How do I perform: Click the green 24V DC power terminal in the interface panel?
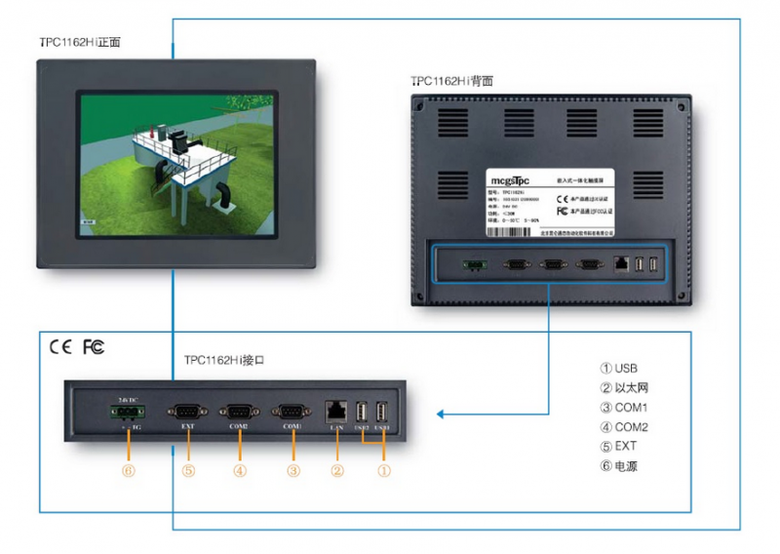(x=131, y=410)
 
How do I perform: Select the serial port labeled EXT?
(x=186, y=412)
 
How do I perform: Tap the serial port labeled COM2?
(x=239, y=412)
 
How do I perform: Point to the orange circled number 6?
(x=131, y=470)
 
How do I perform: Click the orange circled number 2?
(x=336, y=470)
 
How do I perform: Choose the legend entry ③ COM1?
(x=624, y=408)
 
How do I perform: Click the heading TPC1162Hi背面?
(x=451, y=81)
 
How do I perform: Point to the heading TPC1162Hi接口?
(x=225, y=360)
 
